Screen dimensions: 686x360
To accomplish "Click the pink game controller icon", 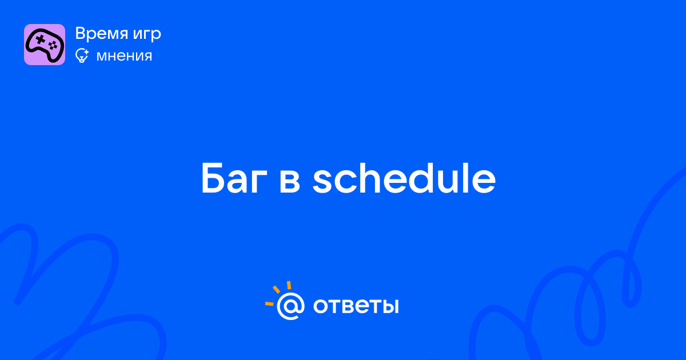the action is click(45, 45).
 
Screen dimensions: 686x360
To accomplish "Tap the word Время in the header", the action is click(101, 33).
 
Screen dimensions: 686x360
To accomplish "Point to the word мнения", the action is click(125, 56).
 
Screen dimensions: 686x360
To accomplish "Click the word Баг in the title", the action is click(234, 178).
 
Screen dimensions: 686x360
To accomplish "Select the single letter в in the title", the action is click(289, 182).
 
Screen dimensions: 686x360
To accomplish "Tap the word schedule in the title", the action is click(404, 178).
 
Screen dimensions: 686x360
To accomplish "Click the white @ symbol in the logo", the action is click(290, 306).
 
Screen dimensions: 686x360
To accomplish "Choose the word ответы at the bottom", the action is click(356, 306).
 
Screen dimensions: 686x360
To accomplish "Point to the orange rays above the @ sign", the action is click(277, 293).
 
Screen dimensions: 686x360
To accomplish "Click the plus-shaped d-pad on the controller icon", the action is click(40, 39).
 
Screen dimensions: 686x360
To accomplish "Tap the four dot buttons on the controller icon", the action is click(53, 46).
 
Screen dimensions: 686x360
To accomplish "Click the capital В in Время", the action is click(81, 33).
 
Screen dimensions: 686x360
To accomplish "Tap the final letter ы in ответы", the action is click(389, 306).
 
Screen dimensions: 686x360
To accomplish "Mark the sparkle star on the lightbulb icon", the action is click(86, 53).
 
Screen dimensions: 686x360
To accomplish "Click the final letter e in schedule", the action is click(483, 182).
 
